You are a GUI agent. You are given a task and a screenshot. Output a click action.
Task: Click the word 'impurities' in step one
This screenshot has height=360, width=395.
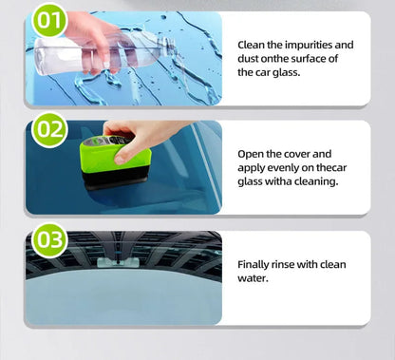[309, 44]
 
